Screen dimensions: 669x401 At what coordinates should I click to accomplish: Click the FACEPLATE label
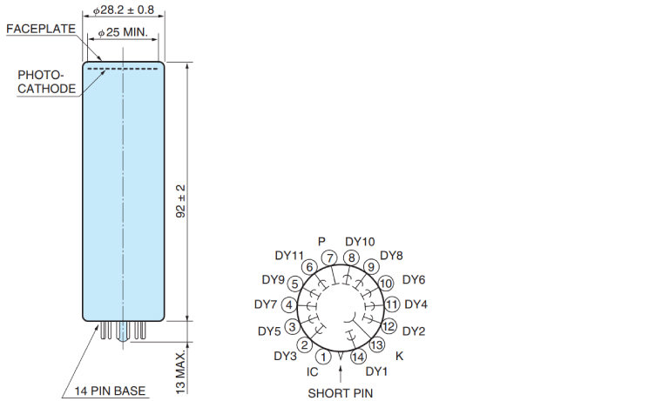[41, 29]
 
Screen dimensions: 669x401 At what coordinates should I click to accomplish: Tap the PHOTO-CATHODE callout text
[46, 82]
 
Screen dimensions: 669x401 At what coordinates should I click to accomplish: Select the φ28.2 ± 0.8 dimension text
[124, 10]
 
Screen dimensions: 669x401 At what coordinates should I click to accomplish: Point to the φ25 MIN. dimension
[123, 32]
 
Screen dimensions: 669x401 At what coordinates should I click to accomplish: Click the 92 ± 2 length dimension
[181, 201]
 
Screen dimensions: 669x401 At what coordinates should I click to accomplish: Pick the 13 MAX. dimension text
[181, 372]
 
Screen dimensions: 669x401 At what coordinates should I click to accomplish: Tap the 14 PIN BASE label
[110, 391]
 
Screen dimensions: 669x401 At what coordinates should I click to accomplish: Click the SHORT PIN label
[340, 393]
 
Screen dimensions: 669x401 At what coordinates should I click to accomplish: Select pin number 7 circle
[329, 257]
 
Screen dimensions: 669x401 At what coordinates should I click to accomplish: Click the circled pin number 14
[358, 357]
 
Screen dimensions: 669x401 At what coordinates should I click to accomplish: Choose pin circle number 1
[323, 357]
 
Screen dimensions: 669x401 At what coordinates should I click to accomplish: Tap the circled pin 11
[392, 304]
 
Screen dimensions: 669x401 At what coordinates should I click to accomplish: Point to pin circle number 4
[289, 305]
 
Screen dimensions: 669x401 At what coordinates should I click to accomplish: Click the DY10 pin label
[360, 242]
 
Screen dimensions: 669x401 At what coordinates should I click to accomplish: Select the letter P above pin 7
[321, 242]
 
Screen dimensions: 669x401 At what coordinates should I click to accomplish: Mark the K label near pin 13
[399, 356]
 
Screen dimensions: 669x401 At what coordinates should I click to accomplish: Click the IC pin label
[313, 372]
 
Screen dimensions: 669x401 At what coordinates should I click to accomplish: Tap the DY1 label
[376, 371]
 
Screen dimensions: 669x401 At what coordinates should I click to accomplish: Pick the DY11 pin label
[289, 255]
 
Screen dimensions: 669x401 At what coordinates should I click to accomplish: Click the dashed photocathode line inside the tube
[123, 68]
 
